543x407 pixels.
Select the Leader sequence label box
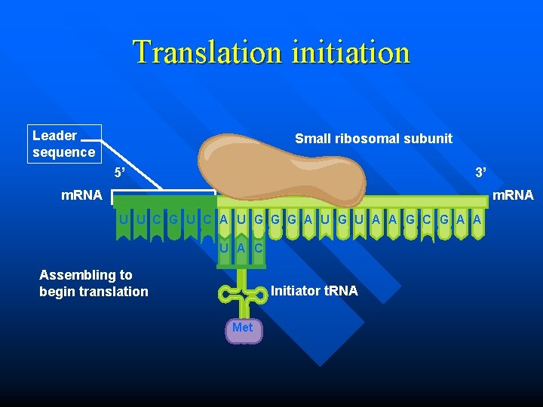tap(64, 143)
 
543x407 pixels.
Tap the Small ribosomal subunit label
tap(373, 138)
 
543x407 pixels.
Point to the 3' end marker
tap(480, 173)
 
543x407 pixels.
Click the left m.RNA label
tap(81, 195)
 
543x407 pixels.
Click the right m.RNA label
tap(512, 195)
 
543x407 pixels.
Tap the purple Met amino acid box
tap(243, 329)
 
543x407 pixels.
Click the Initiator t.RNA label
tap(314, 290)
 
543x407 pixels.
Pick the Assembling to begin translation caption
tap(94, 283)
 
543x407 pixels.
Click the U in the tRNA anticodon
tap(225, 247)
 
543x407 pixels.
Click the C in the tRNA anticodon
tap(258, 247)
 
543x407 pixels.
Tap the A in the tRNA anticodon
tap(241, 247)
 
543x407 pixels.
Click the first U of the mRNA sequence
tap(123, 219)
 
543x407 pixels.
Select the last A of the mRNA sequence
tap(477, 219)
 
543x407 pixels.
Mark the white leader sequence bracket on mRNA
tap(163, 192)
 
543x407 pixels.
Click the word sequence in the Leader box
tap(64, 151)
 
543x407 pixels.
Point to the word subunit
tap(427, 138)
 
